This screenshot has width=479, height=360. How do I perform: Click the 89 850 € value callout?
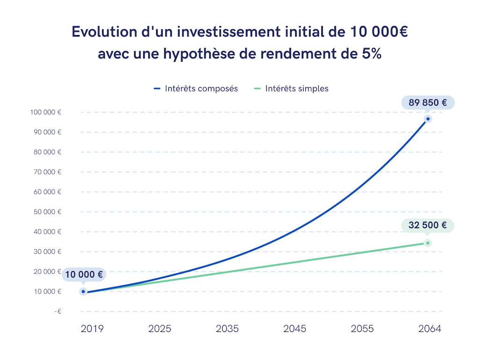click(x=428, y=102)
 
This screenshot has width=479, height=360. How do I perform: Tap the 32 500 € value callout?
click(x=428, y=225)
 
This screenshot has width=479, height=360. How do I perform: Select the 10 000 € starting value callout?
click(x=84, y=274)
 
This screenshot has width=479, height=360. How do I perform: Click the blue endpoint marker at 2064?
click(x=428, y=119)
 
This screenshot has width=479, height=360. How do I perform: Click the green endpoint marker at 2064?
click(x=428, y=243)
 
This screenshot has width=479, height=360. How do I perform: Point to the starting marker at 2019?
click(x=83, y=291)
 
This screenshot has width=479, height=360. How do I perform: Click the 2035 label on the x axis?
click(x=227, y=329)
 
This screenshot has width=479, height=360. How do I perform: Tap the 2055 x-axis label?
click(x=362, y=329)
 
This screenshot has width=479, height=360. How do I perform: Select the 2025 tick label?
click(x=160, y=329)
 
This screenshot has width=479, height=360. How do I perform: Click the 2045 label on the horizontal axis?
click(x=295, y=329)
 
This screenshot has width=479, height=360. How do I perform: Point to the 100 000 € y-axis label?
click(x=47, y=112)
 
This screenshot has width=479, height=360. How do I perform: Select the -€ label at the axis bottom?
click(x=57, y=311)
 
